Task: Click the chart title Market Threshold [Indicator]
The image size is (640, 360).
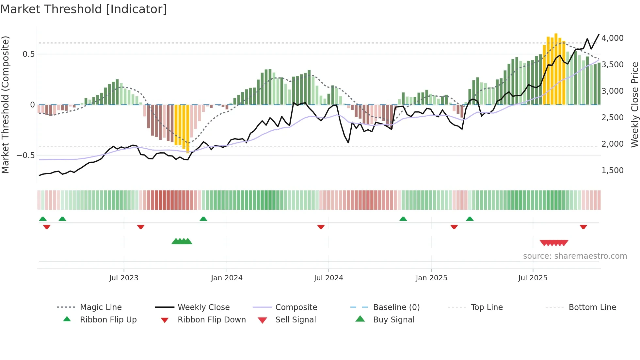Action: (x=84, y=9)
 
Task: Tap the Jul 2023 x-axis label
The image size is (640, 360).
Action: (x=124, y=278)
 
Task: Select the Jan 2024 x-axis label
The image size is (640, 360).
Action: (x=227, y=278)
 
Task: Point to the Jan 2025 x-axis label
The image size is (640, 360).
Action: (x=431, y=278)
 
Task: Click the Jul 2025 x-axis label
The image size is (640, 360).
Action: (x=533, y=278)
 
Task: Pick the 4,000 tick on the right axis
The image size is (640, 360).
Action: (x=612, y=38)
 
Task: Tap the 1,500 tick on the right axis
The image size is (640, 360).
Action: (x=612, y=171)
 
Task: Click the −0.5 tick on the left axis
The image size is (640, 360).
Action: (x=25, y=155)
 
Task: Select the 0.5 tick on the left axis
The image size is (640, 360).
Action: (x=29, y=54)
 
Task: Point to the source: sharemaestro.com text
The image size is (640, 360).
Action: (x=575, y=256)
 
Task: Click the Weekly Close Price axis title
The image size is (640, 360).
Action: (x=634, y=105)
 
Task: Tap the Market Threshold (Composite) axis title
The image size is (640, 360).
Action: (x=5, y=105)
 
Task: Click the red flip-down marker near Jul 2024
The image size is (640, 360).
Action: (x=321, y=227)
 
